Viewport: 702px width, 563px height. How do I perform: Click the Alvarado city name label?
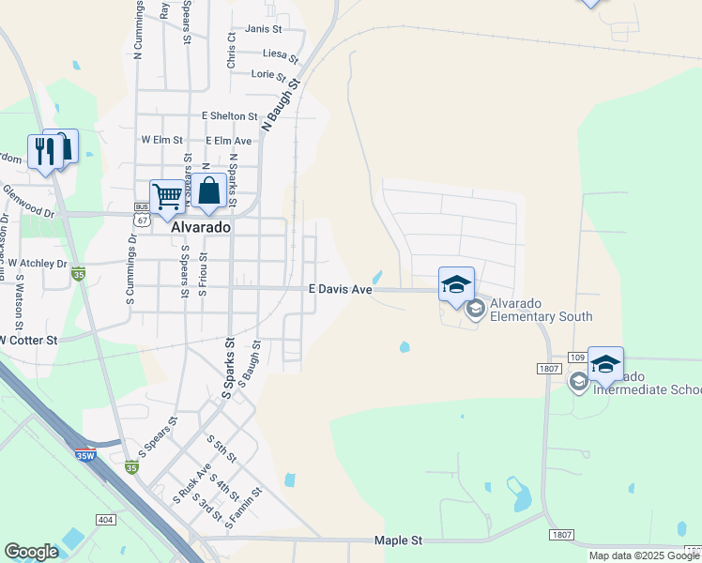click(201, 227)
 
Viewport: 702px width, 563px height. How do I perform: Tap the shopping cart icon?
click(167, 197)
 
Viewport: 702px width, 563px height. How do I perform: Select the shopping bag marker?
click(209, 191)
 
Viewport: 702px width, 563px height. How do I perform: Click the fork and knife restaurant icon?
click(44, 150)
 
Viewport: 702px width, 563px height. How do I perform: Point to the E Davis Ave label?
click(341, 290)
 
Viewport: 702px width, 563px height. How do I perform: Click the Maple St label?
click(399, 540)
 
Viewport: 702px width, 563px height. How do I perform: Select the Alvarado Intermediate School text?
click(648, 388)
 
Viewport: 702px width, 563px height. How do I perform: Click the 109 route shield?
click(578, 358)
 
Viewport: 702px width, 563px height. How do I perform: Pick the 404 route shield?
click(105, 519)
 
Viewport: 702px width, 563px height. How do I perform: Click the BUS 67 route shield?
click(142, 215)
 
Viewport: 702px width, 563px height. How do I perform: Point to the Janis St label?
click(263, 29)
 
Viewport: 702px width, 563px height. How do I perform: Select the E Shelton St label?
click(230, 116)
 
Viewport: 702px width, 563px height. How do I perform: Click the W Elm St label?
click(160, 139)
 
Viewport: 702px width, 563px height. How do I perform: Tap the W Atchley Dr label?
click(38, 264)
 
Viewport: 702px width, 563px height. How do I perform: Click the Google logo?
click(31, 552)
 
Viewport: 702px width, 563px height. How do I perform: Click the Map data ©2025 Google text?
click(643, 555)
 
